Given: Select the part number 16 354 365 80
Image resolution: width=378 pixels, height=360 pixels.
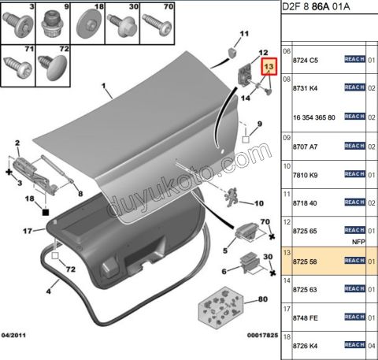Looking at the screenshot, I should [x=314, y=117].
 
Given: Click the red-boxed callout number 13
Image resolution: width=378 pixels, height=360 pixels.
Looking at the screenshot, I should [x=269, y=68].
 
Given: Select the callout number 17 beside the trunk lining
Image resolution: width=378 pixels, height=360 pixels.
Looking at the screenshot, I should [x=26, y=231].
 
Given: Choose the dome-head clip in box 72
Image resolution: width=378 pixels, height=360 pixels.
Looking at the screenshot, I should [x=54, y=67].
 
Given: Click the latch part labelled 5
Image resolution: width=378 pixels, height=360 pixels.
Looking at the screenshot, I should [x=245, y=234].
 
